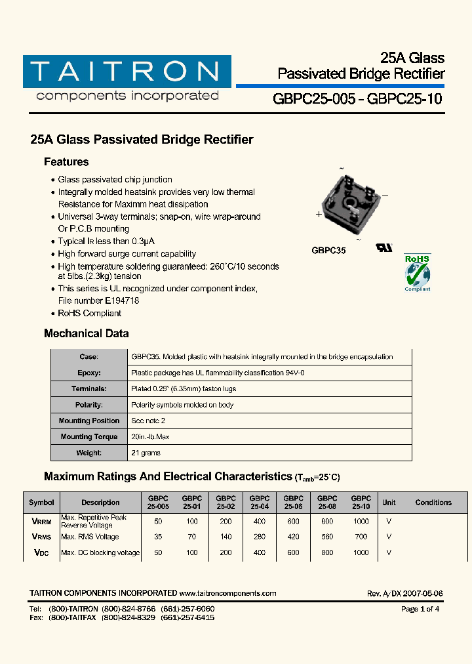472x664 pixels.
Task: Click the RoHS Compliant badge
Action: pyautogui.click(x=417, y=272)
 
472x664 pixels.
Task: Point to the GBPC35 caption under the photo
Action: pyautogui.click(x=328, y=250)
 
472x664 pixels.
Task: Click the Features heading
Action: pyautogui.click(x=66, y=162)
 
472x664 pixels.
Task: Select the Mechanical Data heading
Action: pyautogui.click(x=86, y=333)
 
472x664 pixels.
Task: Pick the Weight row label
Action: pyautogui.click(x=88, y=453)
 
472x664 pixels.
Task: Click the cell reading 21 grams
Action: pyautogui.click(x=146, y=453)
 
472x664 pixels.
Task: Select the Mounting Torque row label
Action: pyautogui.click(x=88, y=437)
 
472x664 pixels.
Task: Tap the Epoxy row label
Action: pyautogui.click(x=88, y=373)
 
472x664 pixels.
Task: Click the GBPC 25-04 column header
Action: pyautogui.click(x=260, y=503)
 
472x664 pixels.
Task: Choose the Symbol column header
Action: pyautogui.click(x=41, y=503)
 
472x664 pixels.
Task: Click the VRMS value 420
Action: pyautogui.click(x=293, y=537)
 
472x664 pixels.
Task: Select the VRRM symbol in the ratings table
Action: pyautogui.click(x=41, y=522)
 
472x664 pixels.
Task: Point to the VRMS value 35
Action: pyautogui.click(x=157, y=537)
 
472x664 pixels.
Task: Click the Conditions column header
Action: pyautogui.click(x=433, y=503)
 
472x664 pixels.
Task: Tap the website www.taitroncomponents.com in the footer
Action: pyautogui.click(x=227, y=593)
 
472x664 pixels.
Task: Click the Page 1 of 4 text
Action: pyautogui.click(x=420, y=609)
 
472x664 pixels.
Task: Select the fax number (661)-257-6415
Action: pyautogui.click(x=190, y=618)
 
